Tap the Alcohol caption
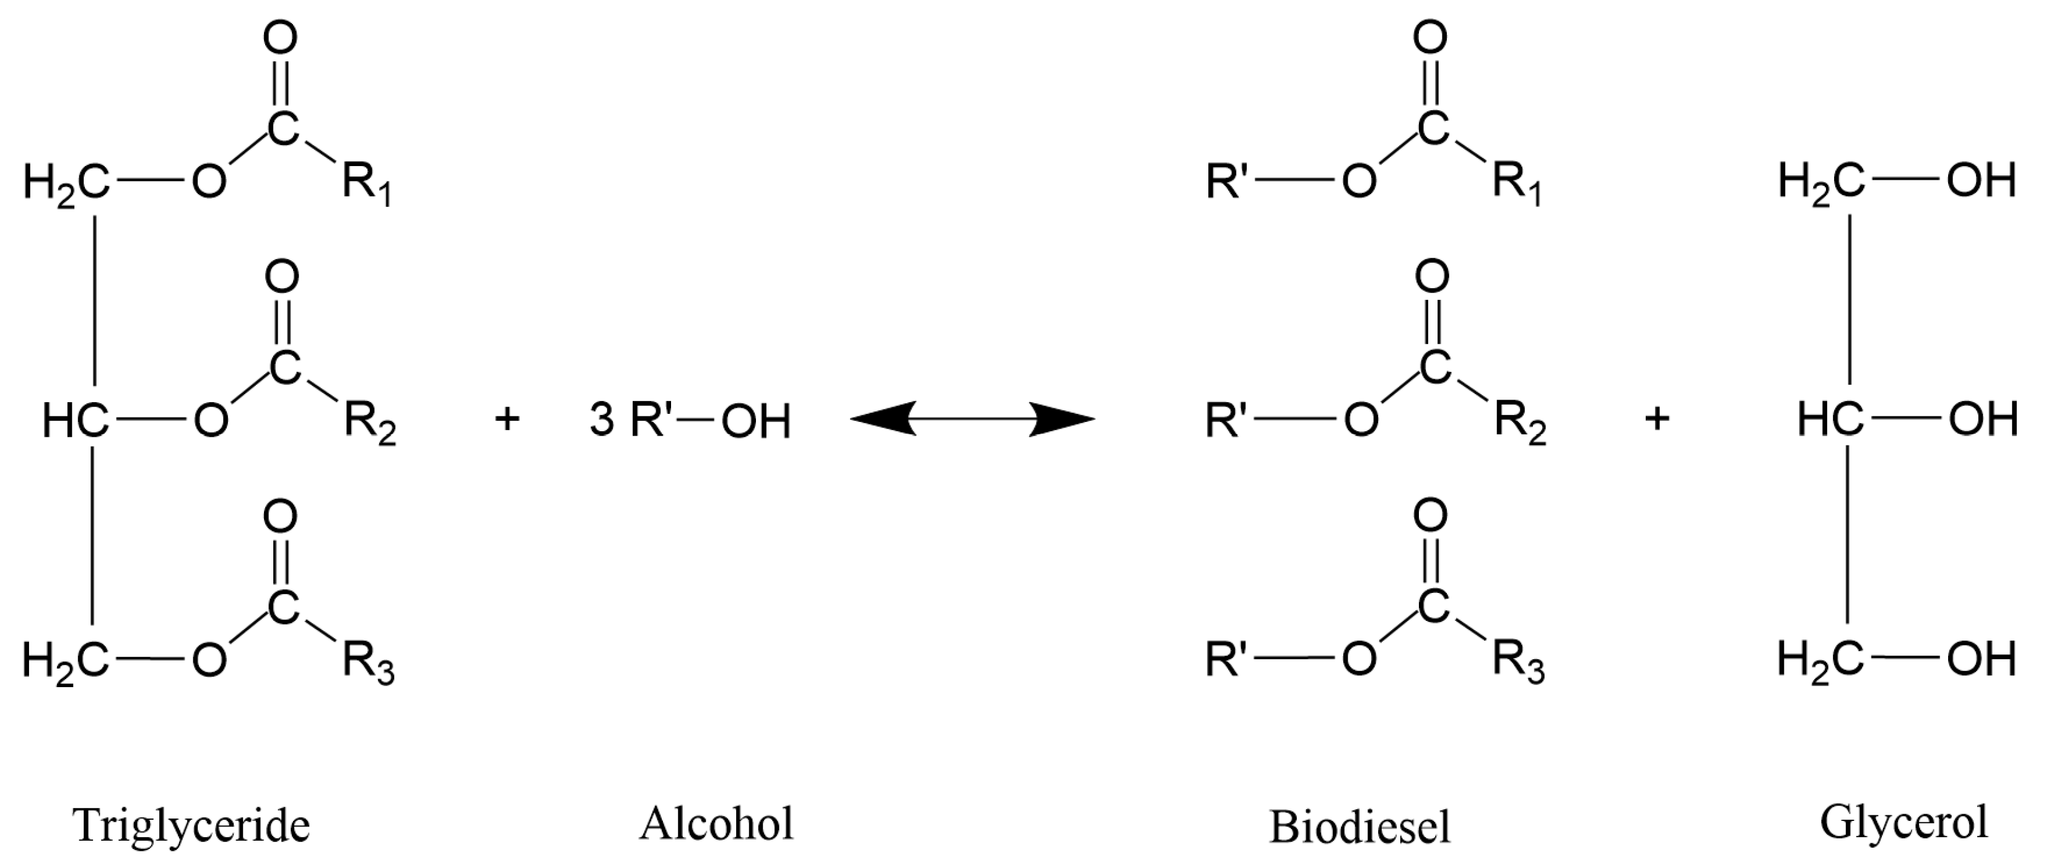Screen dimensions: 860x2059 (716, 823)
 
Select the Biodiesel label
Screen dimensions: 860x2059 (1359, 827)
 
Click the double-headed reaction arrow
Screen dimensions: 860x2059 (972, 419)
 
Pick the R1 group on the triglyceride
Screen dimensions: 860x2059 (367, 184)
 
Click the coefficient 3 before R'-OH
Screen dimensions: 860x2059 (601, 419)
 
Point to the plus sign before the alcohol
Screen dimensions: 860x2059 (507, 419)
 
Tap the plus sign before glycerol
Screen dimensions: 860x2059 (1657, 419)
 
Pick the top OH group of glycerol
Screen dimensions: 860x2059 (1981, 182)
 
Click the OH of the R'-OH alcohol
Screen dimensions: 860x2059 (755, 421)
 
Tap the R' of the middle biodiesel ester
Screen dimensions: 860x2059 (1226, 421)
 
